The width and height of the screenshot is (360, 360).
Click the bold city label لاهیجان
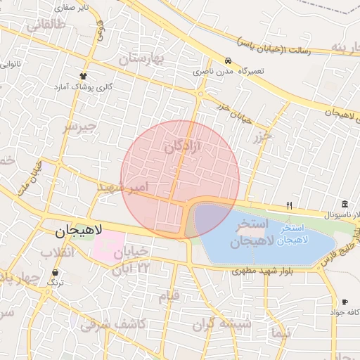79,230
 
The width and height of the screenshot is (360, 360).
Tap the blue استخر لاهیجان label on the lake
291,234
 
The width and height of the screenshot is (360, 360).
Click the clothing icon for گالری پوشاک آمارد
84,76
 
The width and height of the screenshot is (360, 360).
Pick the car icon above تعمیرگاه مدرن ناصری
228,61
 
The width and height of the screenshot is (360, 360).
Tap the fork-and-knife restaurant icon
289,205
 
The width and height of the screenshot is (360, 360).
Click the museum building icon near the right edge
345,203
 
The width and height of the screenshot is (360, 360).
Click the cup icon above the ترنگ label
56,271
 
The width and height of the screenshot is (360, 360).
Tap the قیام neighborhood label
168,296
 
